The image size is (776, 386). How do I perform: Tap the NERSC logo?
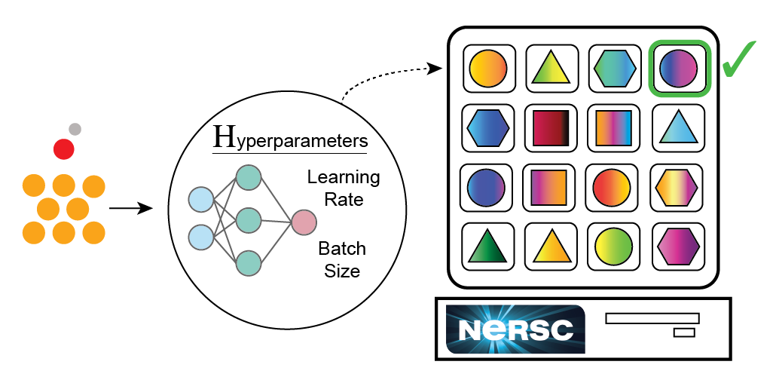(515, 329)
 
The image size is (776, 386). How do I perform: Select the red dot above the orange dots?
(64, 149)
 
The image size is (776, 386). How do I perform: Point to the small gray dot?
(75, 130)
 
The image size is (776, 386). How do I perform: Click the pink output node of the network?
(304, 222)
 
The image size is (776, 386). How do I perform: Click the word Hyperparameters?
(291, 139)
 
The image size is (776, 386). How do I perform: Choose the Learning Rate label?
(344, 188)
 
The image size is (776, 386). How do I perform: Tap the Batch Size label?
(342, 259)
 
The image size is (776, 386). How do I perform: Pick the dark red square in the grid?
(551, 128)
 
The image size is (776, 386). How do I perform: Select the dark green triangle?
(487, 247)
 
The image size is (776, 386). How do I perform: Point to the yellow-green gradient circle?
(613, 247)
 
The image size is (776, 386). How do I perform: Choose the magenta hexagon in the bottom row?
(678, 247)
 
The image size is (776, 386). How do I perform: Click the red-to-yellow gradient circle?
(612, 188)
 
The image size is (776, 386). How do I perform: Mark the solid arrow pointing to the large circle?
(131, 208)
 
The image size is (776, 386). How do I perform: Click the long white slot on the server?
(652, 318)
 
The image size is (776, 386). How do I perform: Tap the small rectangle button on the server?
(684, 332)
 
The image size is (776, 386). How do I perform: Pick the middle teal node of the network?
(249, 220)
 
